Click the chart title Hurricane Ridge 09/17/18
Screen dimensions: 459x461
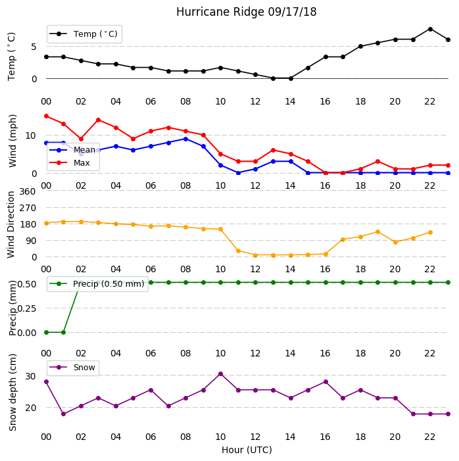[x=246, y=12]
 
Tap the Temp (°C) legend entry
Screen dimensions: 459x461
[x=84, y=34]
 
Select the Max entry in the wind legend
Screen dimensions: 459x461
[x=70, y=162]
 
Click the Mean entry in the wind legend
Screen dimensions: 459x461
[x=72, y=150]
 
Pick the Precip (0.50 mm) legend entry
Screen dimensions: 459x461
[x=97, y=283]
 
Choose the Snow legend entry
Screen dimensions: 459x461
[x=72, y=367]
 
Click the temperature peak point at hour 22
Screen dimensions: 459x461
[x=431, y=29]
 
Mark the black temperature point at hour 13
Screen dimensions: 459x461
[x=273, y=78]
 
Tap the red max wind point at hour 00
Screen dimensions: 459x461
[x=46, y=116]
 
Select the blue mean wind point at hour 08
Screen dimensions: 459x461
[x=185, y=139]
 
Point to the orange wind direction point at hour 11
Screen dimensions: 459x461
[x=239, y=251]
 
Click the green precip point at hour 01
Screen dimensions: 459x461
[x=64, y=332]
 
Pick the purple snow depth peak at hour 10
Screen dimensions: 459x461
[x=220, y=374]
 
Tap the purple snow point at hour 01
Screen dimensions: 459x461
[x=64, y=414]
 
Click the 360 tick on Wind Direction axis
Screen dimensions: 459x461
[x=28, y=191]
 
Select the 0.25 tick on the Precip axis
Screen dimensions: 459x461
[x=27, y=308]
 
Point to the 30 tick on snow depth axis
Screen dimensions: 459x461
[x=30, y=376]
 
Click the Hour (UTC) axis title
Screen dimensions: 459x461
[x=247, y=450]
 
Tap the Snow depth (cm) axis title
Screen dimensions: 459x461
[x=12, y=392]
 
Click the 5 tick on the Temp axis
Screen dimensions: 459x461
[x=34, y=47]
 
